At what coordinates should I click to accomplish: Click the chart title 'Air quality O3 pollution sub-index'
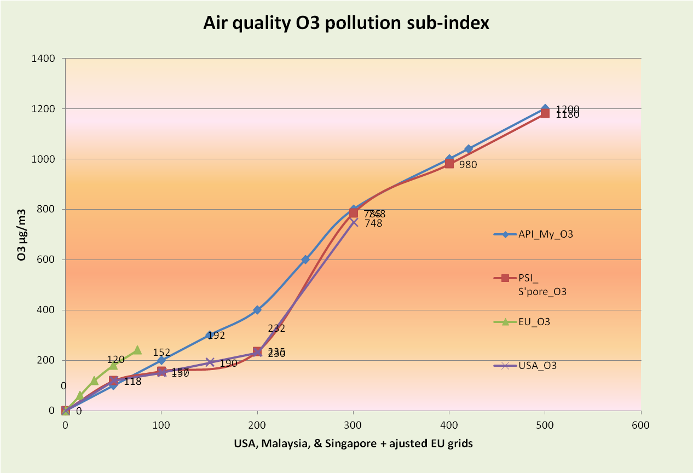[346, 24]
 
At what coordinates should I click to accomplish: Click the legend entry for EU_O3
[534, 322]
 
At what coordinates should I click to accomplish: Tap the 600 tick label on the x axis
[640, 425]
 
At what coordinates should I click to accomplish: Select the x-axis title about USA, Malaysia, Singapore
[354, 444]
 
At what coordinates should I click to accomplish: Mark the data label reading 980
[468, 164]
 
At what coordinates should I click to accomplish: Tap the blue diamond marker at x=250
[305, 259]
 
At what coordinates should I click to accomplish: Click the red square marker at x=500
[545, 113]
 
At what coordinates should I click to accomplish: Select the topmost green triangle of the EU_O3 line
[137, 350]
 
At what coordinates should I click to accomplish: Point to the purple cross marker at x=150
[210, 362]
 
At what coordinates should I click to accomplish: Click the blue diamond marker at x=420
[469, 149]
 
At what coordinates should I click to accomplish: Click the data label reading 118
[132, 382]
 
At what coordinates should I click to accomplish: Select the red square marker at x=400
[449, 163]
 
